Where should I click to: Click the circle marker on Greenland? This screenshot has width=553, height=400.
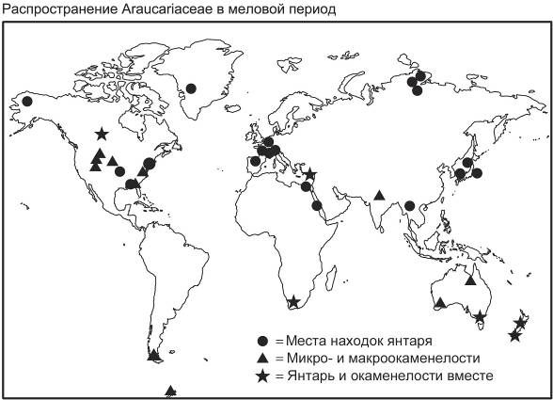[x=191, y=88]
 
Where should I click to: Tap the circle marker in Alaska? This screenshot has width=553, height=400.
[x=27, y=101]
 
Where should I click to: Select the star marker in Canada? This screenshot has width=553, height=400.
[x=102, y=134]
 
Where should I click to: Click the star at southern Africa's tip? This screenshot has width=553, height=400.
[x=293, y=302]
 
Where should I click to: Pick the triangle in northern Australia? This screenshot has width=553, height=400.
[x=470, y=280]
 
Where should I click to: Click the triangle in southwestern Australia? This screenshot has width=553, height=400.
[x=439, y=302]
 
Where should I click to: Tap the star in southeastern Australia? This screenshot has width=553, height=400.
[x=481, y=316]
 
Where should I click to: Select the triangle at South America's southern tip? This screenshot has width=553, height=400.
[x=153, y=355]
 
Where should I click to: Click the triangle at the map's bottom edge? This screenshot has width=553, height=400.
[x=170, y=390]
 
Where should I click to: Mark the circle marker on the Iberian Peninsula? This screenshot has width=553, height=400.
[x=255, y=161]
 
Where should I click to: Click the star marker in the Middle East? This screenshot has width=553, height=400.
[x=310, y=175]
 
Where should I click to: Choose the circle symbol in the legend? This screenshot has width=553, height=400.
[x=263, y=341]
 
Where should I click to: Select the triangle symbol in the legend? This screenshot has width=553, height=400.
[x=263, y=359]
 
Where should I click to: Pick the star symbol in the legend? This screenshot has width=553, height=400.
[x=263, y=376]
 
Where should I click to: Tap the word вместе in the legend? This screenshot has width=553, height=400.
[x=466, y=376]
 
